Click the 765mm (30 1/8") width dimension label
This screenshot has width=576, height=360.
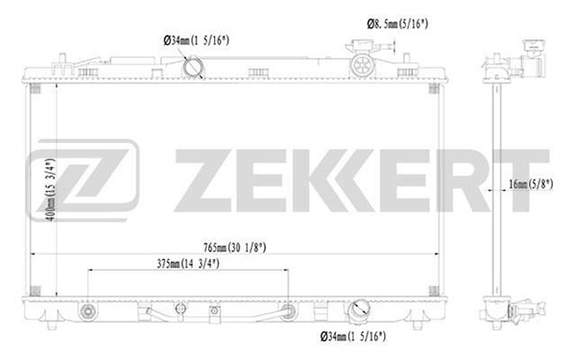(235, 248)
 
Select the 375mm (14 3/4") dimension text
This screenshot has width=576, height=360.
(188, 263)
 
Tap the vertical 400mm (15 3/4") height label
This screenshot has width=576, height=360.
(51, 189)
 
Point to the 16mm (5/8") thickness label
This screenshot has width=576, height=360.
(531, 183)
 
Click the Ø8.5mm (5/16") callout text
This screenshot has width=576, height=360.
(397, 24)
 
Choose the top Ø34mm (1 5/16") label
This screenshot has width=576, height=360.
(197, 40)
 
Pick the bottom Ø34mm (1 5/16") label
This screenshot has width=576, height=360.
(353, 336)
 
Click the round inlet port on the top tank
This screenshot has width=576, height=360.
(193, 67)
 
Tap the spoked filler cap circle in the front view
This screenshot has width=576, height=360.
(362, 65)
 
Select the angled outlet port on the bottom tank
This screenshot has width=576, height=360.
(360, 311)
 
